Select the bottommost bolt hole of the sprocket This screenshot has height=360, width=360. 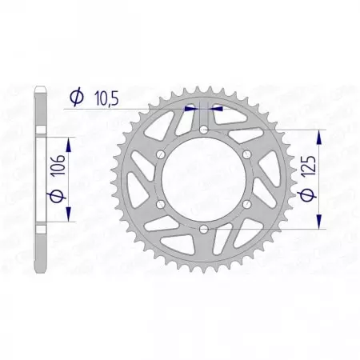coord(204,230)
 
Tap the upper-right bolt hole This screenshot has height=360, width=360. coord(247,154)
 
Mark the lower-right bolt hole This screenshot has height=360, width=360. coord(247,206)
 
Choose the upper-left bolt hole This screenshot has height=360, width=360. coord(160,154)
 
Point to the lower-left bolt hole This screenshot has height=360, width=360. coord(160,206)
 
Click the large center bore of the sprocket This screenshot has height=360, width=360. coord(204,180)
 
